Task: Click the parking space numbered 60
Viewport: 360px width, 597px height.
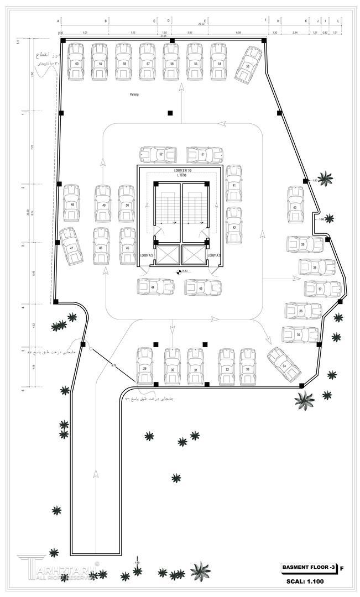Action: [76, 62]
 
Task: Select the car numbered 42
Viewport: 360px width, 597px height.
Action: [234, 226]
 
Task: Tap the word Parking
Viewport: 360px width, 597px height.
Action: [134, 95]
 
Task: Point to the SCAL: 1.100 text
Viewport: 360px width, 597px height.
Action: [305, 582]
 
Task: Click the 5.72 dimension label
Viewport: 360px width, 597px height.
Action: [114, 365]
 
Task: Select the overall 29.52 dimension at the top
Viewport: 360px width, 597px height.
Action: [202, 24]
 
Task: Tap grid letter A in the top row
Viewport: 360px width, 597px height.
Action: [58, 20]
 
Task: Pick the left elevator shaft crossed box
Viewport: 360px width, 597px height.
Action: [168, 255]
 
